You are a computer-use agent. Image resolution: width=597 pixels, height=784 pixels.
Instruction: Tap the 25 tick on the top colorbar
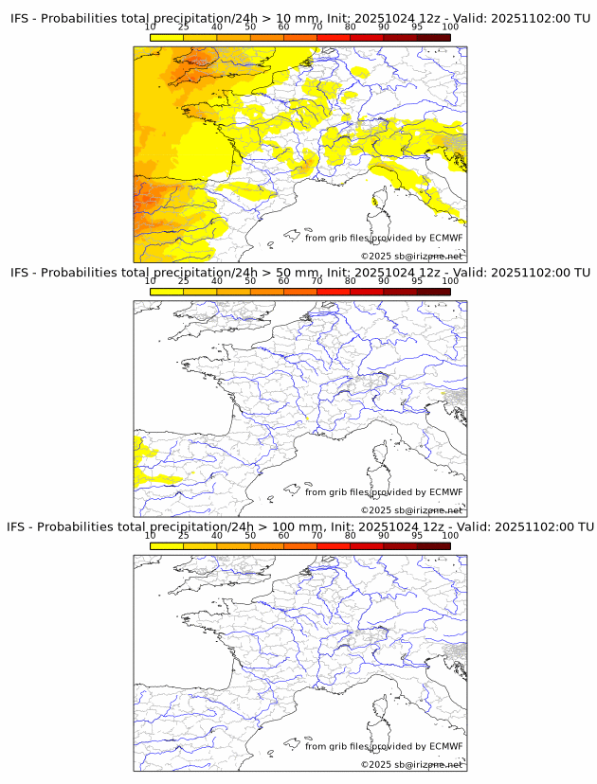(184, 27)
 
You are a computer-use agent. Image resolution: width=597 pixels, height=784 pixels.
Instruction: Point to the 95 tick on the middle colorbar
(417, 280)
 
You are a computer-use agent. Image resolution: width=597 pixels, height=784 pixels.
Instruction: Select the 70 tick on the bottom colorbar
(317, 535)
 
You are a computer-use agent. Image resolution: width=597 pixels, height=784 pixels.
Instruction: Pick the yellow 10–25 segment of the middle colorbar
(167, 292)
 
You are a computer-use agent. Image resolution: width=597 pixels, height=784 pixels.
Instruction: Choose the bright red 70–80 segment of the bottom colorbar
(333, 546)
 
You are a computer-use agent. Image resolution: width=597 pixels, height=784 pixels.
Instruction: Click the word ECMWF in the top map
(445, 238)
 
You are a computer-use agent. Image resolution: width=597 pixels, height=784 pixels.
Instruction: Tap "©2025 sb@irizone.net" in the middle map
(411, 510)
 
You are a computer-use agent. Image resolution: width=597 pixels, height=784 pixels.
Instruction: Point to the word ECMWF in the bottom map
(445, 746)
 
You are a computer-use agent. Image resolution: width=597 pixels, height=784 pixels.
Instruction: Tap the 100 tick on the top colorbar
(450, 27)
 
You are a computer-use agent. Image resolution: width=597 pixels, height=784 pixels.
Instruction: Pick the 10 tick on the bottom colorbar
(151, 535)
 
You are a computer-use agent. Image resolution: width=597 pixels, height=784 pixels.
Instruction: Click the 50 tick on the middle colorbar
(250, 280)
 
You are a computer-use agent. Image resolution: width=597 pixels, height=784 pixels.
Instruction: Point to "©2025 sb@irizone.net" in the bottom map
(411, 764)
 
